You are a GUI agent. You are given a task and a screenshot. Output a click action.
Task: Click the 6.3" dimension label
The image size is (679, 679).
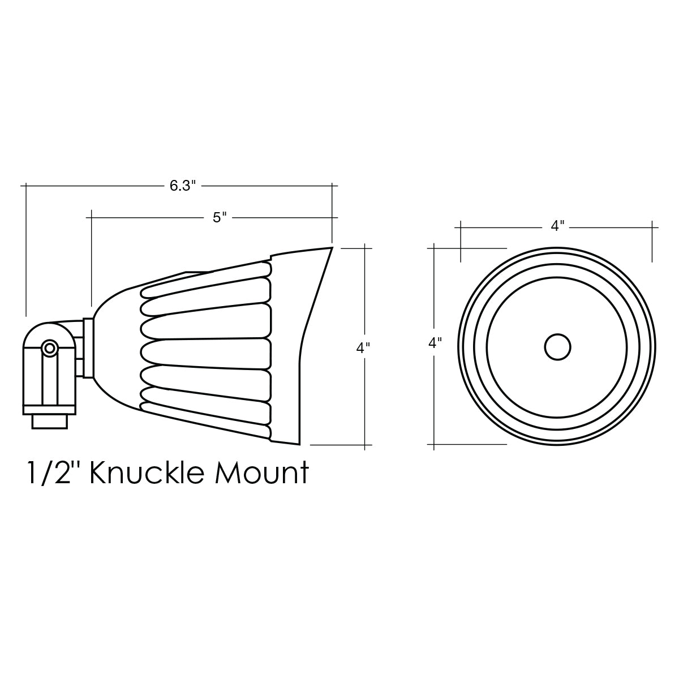pos(182,186)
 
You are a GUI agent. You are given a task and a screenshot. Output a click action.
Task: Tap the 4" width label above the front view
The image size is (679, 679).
pos(557,226)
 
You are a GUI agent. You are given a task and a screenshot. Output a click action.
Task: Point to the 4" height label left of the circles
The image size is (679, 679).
pos(435,342)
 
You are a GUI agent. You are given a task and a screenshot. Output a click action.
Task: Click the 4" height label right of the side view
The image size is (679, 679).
pos(363,348)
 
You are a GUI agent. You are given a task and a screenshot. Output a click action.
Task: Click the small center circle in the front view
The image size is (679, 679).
pos(557,347)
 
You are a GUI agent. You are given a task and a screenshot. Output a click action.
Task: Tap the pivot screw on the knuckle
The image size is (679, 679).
pos(49,349)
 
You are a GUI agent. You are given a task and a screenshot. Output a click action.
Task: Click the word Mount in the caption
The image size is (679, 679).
pos(262,473)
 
